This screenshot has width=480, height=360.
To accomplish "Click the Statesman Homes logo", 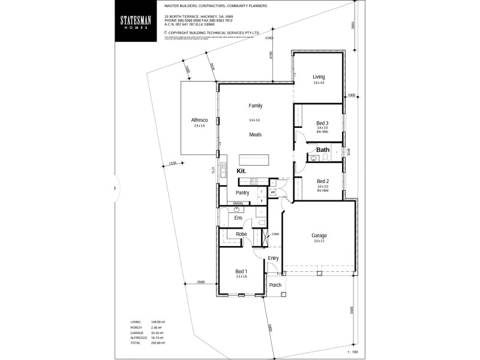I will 136,22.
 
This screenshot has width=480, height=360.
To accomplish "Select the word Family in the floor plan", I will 256,106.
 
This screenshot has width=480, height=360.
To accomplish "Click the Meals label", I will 256,134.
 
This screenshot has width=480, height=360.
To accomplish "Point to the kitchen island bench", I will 255,160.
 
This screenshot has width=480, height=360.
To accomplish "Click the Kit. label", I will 242,171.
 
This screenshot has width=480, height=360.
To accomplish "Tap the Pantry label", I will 242,193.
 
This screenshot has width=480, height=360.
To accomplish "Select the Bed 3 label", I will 322,123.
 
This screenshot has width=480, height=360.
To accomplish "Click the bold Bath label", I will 323,150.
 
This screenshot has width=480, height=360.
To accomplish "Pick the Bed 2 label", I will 322,181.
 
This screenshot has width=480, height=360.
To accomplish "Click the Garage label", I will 319,235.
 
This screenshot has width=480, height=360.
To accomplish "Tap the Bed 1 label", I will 241,271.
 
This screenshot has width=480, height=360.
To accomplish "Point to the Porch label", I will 275,285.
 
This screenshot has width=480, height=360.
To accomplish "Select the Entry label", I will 273,258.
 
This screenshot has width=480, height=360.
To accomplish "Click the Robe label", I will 241,234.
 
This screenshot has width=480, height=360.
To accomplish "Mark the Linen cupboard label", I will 275,233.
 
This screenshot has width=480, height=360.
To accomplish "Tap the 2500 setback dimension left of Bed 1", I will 200,282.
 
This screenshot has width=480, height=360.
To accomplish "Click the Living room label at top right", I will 319,77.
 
